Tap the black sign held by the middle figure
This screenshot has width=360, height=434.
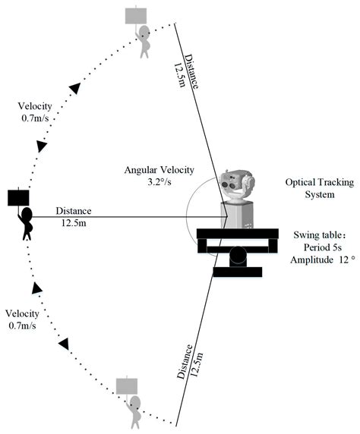[19, 198]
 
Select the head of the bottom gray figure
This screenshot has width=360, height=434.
[135, 401]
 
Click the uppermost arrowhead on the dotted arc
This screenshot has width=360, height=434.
[74, 89]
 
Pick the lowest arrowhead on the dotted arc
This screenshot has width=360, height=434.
[63, 344]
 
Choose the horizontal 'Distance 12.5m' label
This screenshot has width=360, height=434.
[73, 217]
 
